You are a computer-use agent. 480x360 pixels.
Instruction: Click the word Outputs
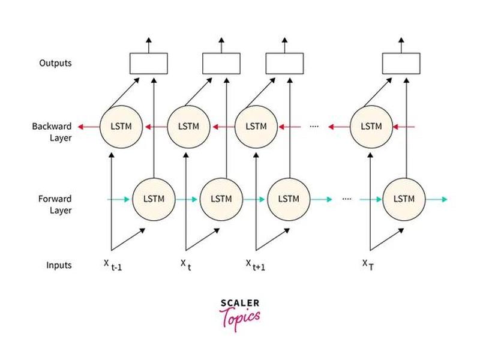tap(55, 63)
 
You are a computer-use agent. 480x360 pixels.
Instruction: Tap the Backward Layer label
tap(52, 132)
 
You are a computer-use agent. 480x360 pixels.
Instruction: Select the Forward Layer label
tap(55, 205)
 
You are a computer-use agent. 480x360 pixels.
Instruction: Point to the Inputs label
tap(59, 265)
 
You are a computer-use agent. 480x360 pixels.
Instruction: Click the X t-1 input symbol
tap(113, 265)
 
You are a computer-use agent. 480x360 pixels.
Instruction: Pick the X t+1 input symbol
tap(256, 265)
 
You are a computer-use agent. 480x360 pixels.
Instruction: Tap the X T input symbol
tap(368, 265)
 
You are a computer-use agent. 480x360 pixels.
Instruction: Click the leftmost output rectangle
tap(148, 64)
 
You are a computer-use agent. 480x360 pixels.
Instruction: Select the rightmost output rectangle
tap(401, 64)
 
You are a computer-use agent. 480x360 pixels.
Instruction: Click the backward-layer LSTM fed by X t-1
tap(121, 127)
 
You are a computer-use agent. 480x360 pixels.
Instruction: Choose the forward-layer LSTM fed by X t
tap(221, 199)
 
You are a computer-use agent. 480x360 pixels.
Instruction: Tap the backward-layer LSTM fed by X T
tap(371, 127)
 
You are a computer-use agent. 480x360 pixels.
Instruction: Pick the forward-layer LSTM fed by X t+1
tap(289, 199)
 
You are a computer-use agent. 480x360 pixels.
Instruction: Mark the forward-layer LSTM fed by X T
tap(404, 199)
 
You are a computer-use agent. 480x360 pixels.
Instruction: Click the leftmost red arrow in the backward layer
tap(89, 127)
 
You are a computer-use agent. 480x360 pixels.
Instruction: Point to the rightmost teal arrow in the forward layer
tap(437, 200)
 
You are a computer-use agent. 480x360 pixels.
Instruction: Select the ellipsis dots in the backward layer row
tap(314, 126)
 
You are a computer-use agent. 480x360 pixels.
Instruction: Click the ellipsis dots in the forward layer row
tap(347, 199)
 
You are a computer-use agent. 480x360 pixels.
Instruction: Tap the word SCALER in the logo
tap(240, 303)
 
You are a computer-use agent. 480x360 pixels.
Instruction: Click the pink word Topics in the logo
tap(240, 319)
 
